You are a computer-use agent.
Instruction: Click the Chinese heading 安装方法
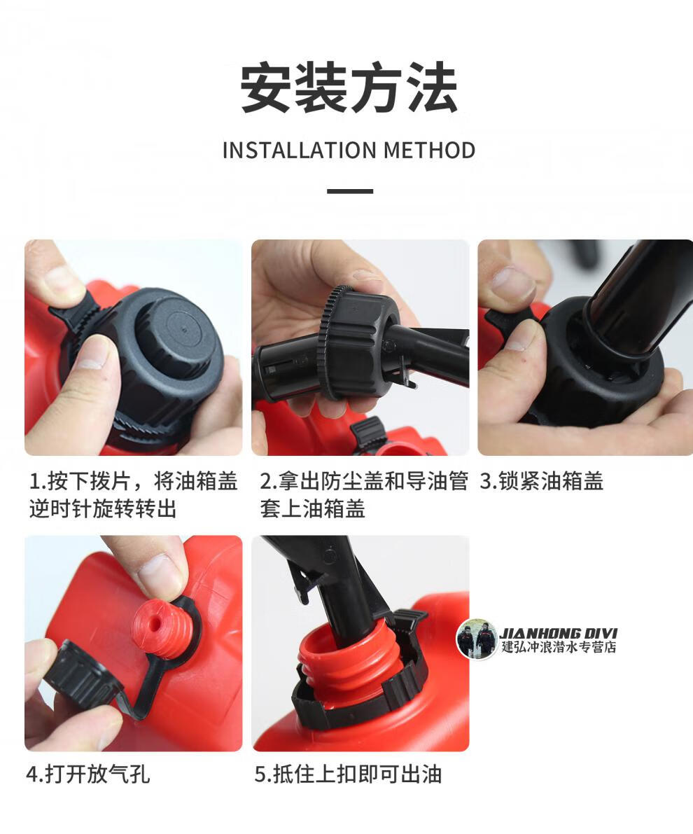(x=349, y=87)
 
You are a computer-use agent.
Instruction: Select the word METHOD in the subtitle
(x=429, y=150)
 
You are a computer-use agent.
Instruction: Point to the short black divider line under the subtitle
(x=349, y=191)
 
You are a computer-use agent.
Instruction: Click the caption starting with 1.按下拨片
(x=133, y=495)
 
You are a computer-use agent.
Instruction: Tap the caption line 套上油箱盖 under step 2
(x=312, y=509)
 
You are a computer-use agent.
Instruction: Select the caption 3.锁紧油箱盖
(x=541, y=481)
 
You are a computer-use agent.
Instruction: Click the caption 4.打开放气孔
(x=88, y=774)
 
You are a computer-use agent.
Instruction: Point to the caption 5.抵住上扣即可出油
(x=348, y=774)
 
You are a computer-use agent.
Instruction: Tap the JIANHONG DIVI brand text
(x=559, y=633)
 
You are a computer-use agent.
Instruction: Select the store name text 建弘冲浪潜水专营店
(x=559, y=647)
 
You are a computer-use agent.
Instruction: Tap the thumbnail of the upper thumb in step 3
(x=512, y=284)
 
